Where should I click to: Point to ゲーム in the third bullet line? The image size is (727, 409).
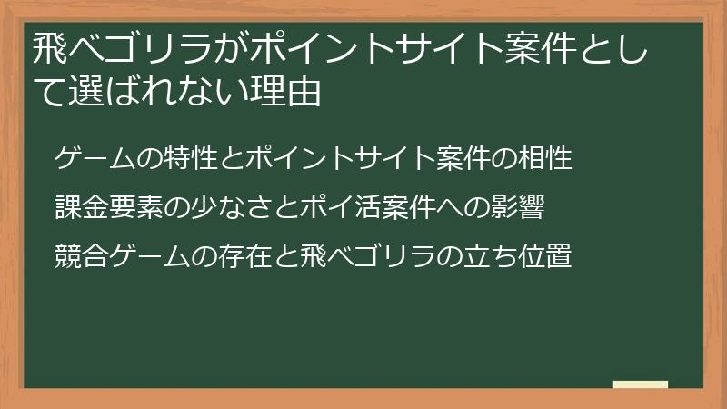(145, 255)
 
